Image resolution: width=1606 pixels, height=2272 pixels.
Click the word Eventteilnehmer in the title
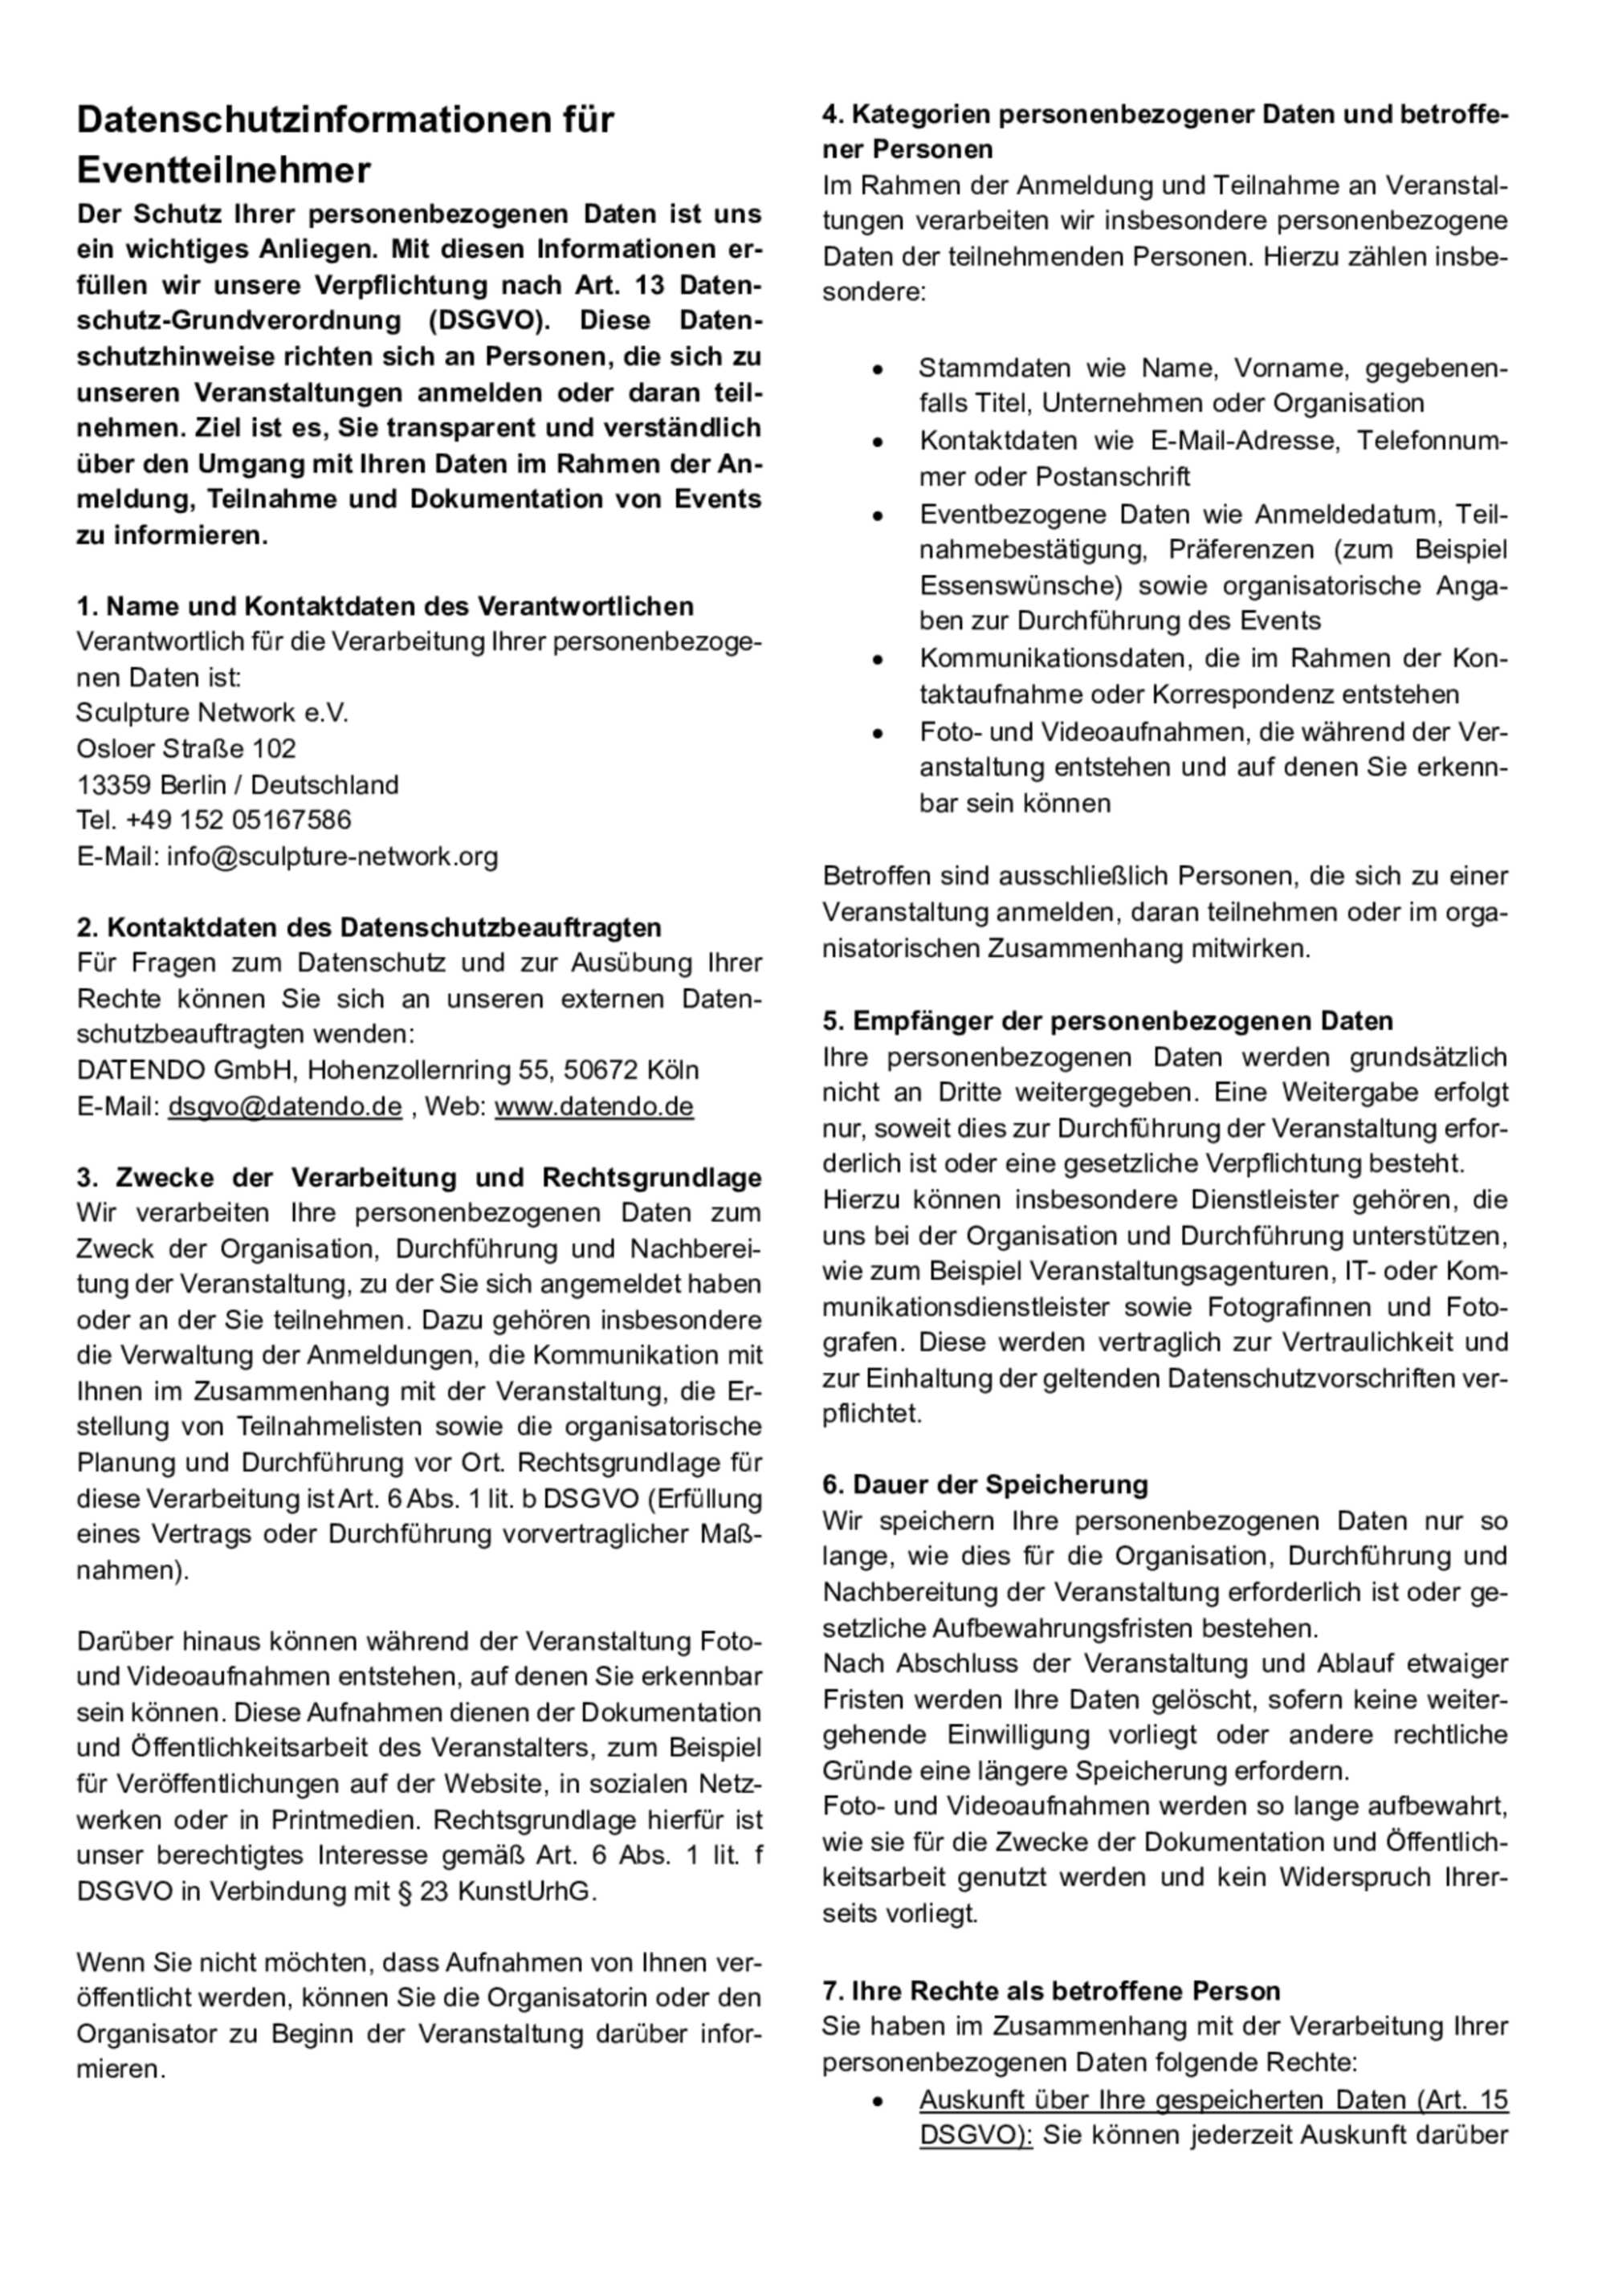tap(223, 170)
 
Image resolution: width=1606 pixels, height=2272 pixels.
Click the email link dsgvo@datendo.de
tap(285, 1105)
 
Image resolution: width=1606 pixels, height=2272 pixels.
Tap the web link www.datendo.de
tap(593, 1105)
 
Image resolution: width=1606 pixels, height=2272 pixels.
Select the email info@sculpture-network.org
tap(332, 856)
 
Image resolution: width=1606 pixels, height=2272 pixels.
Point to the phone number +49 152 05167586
tap(238, 820)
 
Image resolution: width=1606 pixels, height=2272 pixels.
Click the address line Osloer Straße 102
tap(186, 748)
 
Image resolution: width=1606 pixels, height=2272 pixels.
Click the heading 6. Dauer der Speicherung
tap(984, 1484)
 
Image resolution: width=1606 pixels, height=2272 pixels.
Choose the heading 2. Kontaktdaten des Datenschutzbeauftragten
tap(369, 927)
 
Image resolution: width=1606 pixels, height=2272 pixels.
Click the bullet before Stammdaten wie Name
tap(877, 369)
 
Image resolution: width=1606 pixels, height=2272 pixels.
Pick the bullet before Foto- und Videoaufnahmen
tap(877, 733)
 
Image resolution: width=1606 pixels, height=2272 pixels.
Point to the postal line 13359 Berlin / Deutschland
tap(238, 784)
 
